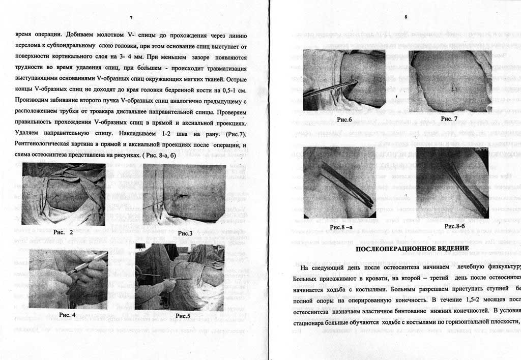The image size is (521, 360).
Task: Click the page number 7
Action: point(131,18)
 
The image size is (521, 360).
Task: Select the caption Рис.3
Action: point(185,233)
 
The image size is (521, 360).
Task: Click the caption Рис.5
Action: point(183,316)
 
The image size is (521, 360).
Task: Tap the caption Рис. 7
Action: point(449,118)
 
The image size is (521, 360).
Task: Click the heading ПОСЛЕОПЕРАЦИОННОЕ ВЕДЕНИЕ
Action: point(412,248)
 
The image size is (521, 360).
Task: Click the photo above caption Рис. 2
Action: point(64,194)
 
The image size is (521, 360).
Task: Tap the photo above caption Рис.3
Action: point(183,194)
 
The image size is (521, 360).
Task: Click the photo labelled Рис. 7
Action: point(448,81)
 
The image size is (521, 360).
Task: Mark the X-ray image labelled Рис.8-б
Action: point(452,183)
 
